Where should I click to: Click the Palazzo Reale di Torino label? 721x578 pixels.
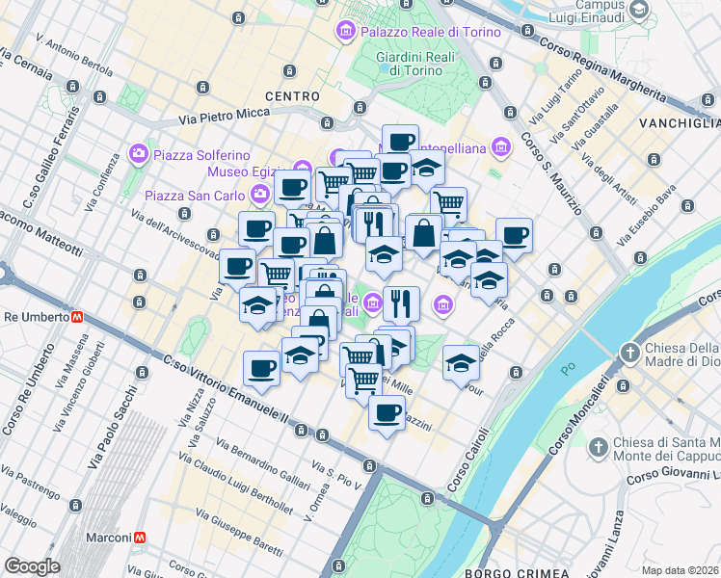click(431, 32)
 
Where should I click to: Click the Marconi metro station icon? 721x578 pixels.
click(141, 537)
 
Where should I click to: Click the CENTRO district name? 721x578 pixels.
click(291, 96)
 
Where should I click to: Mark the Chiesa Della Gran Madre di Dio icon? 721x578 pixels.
click(630, 352)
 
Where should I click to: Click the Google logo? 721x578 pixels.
click(32, 566)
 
